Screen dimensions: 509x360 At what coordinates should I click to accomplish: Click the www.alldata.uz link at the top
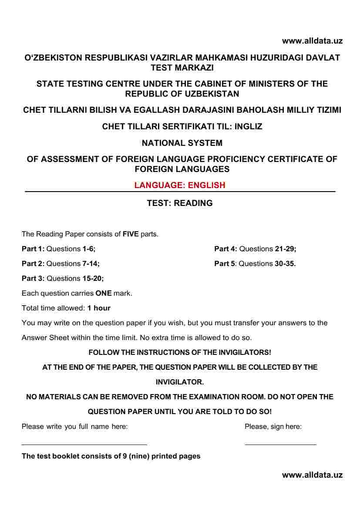click(x=312, y=41)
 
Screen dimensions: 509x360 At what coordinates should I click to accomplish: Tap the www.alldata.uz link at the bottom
click(x=312, y=475)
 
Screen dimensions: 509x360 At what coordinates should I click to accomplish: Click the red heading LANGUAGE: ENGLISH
click(x=180, y=185)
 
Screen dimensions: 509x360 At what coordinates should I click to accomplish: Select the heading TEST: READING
click(x=180, y=203)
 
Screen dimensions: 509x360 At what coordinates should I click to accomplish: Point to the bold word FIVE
click(x=131, y=234)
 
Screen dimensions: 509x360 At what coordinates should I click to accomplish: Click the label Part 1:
click(x=33, y=249)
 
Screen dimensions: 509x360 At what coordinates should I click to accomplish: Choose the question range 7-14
click(x=94, y=263)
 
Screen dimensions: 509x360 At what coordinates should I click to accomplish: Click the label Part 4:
click(x=225, y=249)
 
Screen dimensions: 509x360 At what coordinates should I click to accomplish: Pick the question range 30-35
click(x=285, y=263)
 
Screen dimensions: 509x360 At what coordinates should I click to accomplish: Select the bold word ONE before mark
click(x=104, y=293)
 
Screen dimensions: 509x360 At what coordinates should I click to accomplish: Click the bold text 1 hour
click(x=99, y=308)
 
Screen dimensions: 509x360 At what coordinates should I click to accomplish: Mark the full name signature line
click(x=84, y=444)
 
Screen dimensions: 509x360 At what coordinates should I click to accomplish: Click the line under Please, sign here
click(x=280, y=444)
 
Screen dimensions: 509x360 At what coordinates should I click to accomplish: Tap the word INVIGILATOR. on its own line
click(x=180, y=382)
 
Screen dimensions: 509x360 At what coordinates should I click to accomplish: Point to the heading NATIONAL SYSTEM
click(x=182, y=143)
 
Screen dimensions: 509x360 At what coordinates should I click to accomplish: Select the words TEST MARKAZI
click(x=182, y=67)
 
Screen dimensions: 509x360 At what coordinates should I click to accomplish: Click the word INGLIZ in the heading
click(x=248, y=127)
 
